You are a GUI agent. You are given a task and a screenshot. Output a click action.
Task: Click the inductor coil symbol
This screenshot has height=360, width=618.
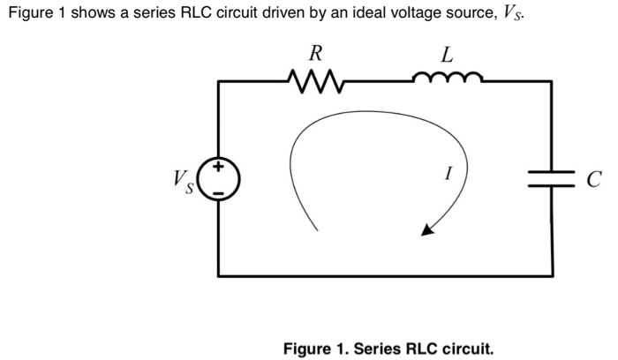pos(447,79)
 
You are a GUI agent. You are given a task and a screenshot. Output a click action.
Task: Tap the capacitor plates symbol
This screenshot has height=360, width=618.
pos(553,179)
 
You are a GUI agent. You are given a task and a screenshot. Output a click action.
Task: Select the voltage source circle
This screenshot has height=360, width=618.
pos(218,179)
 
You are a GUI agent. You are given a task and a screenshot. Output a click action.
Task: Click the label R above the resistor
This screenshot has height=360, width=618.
pos(311,54)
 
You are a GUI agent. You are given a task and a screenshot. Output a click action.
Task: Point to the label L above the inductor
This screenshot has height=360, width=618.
pos(447,54)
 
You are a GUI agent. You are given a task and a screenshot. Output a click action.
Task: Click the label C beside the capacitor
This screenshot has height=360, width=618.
pos(592,181)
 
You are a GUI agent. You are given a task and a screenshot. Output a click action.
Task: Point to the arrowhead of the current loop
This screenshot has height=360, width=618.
pos(426,231)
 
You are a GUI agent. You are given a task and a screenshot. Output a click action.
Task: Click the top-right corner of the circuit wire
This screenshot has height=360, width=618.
pos(553,80)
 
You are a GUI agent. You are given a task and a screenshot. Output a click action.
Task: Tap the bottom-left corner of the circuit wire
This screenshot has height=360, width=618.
pos(219,274)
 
